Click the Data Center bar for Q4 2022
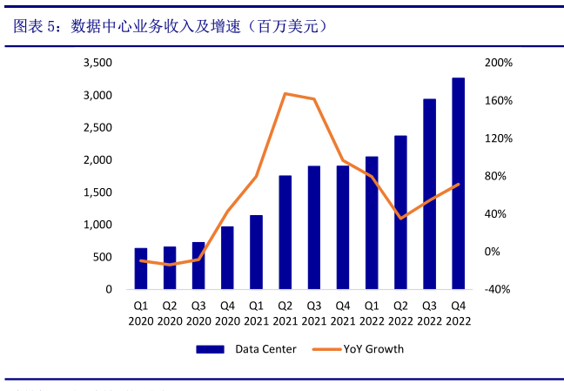(x=458, y=183)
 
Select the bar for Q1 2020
(x=141, y=268)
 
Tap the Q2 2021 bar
(x=285, y=232)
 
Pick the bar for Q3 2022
(x=429, y=193)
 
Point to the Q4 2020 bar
(x=227, y=257)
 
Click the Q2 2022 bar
(x=400, y=212)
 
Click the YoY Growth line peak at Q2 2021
(x=285, y=93)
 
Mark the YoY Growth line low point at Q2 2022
(x=400, y=219)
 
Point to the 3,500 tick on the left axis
(x=97, y=64)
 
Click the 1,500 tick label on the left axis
(x=97, y=192)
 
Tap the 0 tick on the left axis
(x=109, y=289)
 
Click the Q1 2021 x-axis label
(x=256, y=313)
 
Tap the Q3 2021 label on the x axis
(x=313, y=313)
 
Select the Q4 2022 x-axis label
(x=458, y=313)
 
